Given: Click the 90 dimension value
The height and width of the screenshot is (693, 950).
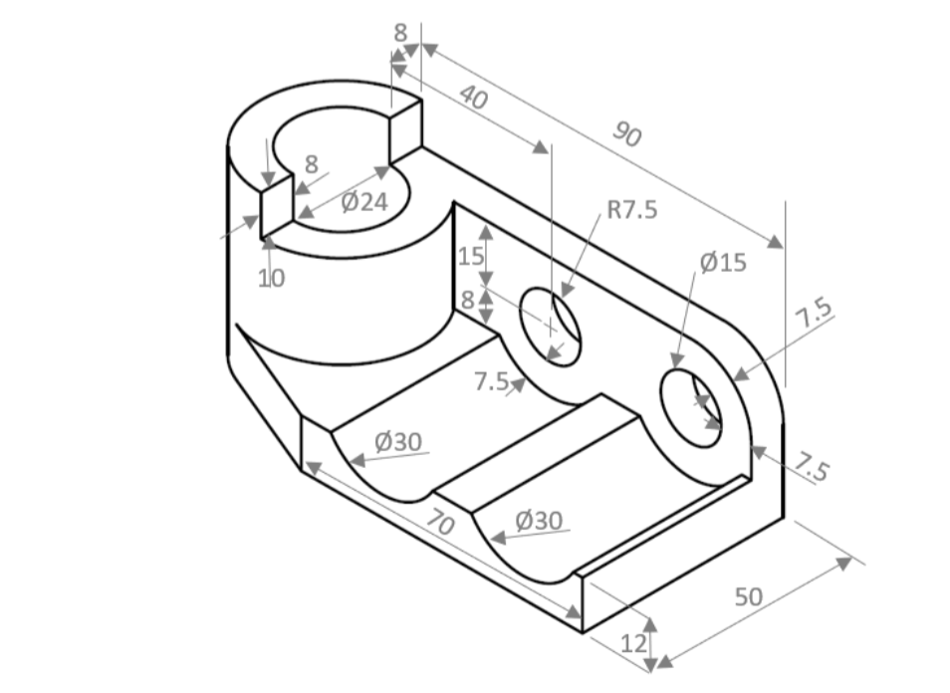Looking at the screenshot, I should click(x=625, y=133).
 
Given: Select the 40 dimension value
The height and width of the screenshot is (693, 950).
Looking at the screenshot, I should click(x=475, y=98).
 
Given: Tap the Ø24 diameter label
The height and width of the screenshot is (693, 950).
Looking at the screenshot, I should click(x=363, y=203).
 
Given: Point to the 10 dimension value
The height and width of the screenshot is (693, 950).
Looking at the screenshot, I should click(x=272, y=279).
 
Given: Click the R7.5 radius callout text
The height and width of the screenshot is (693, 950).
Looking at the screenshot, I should click(x=632, y=211).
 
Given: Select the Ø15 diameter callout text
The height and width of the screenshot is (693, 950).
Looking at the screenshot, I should click(x=722, y=263).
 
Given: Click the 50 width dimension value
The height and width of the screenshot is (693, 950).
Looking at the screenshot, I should click(x=748, y=596).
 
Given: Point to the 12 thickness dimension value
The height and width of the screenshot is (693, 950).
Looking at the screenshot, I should click(x=633, y=643).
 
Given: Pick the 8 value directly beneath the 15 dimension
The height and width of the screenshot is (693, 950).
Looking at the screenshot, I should click(x=468, y=300).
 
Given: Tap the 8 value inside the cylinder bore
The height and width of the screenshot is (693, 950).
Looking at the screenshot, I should click(x=312, y=164).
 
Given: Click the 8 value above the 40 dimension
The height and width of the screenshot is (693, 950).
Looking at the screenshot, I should click(x=400, y=32).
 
